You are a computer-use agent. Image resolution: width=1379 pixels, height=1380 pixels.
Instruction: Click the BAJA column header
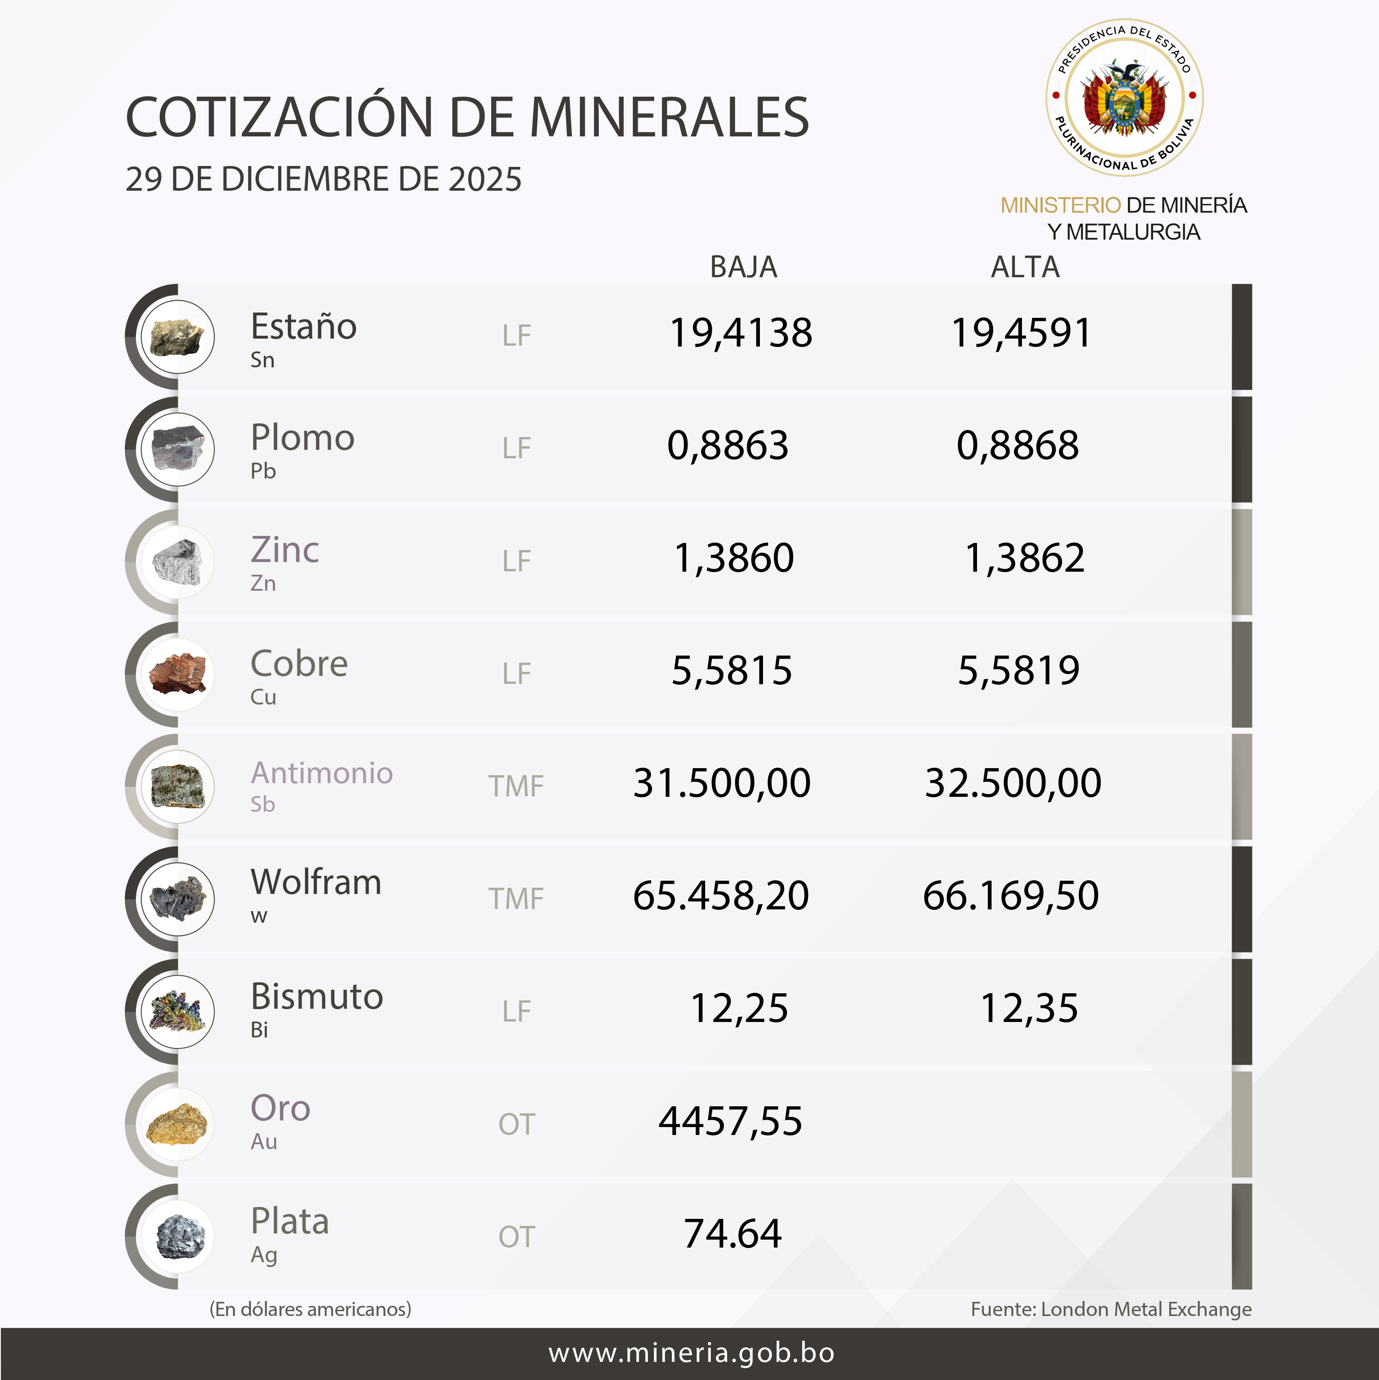744,267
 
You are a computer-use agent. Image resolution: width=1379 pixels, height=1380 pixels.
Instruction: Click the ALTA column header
1025,267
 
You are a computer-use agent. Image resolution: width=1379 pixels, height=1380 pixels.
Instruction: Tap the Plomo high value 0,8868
1018,446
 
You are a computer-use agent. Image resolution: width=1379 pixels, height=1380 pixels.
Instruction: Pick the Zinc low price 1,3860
733,558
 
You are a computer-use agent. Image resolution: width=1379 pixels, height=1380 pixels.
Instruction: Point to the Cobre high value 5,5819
1018,671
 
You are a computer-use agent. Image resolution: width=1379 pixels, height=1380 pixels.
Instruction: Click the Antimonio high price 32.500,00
1013,783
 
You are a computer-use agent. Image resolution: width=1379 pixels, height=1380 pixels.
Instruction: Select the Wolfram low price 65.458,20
721,896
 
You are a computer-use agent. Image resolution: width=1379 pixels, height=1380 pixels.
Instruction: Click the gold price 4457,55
730,1121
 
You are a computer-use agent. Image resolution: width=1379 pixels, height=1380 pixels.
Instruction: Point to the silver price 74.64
733,1233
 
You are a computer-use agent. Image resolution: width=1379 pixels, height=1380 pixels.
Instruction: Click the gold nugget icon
177,1124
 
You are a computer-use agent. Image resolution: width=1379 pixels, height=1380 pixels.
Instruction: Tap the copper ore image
177,674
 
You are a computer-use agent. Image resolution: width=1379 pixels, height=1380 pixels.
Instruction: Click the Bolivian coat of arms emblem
1124,98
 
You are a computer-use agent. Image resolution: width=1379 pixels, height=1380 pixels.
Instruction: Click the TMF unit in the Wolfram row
515,898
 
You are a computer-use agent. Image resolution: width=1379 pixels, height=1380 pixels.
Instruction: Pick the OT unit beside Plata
515,1237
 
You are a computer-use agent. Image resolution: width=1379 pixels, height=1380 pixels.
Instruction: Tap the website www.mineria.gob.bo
691,1353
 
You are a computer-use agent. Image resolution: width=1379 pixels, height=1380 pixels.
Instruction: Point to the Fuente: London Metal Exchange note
1111,1309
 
